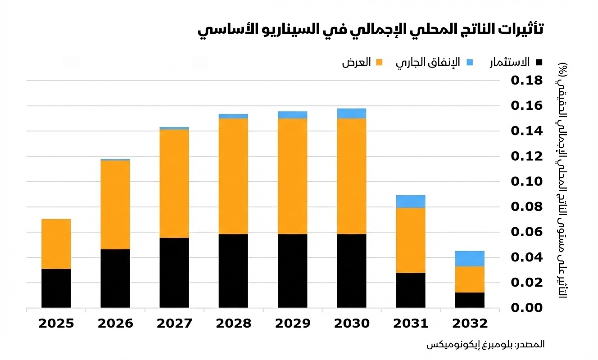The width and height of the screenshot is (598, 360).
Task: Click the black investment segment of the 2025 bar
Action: click(x=56, y=288)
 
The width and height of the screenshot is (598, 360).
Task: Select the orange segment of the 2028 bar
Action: click(x=233, y=176)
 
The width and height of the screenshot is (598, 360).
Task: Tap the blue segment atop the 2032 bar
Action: click(x=470, y=259)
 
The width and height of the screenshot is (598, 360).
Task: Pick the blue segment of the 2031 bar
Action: click(x=411, y=202)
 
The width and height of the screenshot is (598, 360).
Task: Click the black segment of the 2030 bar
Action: click(x=351, y=270)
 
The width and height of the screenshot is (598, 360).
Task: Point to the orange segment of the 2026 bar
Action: click(x=115, y=205)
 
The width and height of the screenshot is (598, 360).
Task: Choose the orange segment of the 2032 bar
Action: click(x=470, y=279)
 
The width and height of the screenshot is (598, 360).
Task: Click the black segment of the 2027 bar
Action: click(x=174, y=272)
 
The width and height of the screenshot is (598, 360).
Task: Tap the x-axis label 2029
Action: click(x=292, y=324)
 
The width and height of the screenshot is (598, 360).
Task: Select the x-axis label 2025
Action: click(x=56, y=324)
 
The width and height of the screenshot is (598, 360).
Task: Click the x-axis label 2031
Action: click(x=411, y=324)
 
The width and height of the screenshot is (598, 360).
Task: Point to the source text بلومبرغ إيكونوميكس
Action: click(x=468, y=344)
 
